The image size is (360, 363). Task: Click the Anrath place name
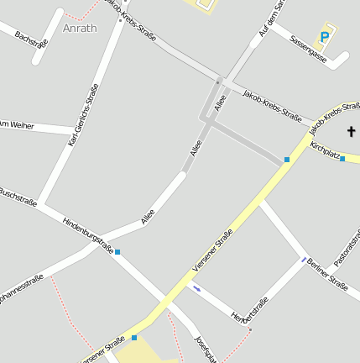click(79, 28)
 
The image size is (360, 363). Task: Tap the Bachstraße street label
click(31, 39)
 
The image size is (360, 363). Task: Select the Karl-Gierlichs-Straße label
click(84, 114)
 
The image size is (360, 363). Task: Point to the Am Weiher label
click(16, 124)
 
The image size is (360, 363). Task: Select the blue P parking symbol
click(325, 37)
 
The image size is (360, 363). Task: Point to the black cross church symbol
click(351, 131)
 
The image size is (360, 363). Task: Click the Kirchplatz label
click(324, 151)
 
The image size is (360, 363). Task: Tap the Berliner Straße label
click(326, 273)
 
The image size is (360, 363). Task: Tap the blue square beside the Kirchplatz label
click(342, 158)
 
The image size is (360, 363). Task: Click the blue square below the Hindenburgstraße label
click(117, 252)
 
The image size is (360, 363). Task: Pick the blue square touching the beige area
click(134, 338)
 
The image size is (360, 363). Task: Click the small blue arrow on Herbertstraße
click(196, 289)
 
